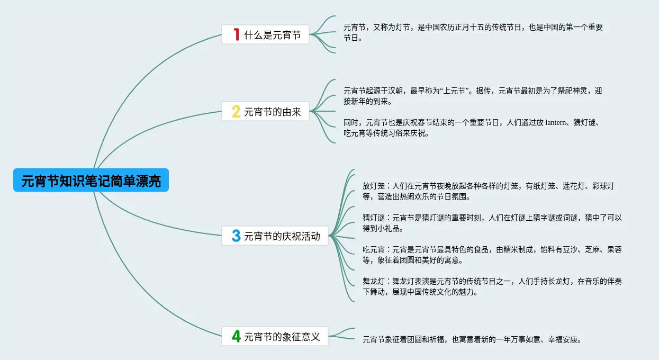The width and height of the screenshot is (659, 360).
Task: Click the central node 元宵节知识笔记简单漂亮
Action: click(x=91, y=181)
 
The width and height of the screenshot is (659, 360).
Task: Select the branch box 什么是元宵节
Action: click(x=265, y=35)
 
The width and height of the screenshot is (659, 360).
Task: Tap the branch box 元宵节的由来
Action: click(x=265, y=111)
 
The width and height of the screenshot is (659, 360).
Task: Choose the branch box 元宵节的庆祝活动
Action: click(x=275, y=236)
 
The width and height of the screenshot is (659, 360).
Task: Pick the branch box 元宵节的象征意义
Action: click(x=275, y=336)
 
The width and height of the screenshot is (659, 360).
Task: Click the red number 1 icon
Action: click(x=236, y=35)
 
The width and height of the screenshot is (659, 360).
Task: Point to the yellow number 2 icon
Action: click(x=236, y=111)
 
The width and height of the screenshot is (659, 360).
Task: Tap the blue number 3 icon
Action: click(x=236, y=236)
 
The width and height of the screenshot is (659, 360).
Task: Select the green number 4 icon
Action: click(x=236, y=336)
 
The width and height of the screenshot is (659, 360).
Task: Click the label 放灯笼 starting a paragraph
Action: click(x=373, y=186)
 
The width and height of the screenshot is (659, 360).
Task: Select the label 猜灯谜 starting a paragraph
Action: click(x=373, y=218)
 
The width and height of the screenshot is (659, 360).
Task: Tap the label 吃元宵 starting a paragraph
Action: click(x=373, y=250)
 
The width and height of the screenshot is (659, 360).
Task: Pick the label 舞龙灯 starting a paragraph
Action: click(x=373, y=282)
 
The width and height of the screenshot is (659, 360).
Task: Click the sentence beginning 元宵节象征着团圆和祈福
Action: click(x=472, y=339)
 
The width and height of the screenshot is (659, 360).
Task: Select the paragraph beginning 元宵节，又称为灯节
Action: click(x=473, y=32)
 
